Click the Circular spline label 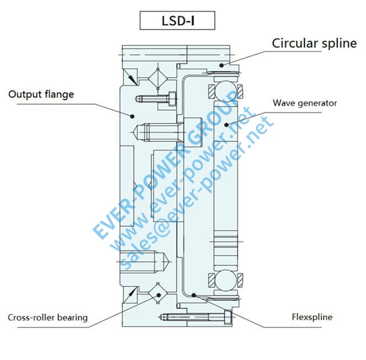(x=314, y=43)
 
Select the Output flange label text (x=41, y=94)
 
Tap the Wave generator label (x=305, y=103)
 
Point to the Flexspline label (x=312, y=317)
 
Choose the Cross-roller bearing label (x=47, y=318)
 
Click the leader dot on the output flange (x=132, y=116)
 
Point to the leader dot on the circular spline (x=222, y=64)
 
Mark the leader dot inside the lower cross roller (x=159, y=295)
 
